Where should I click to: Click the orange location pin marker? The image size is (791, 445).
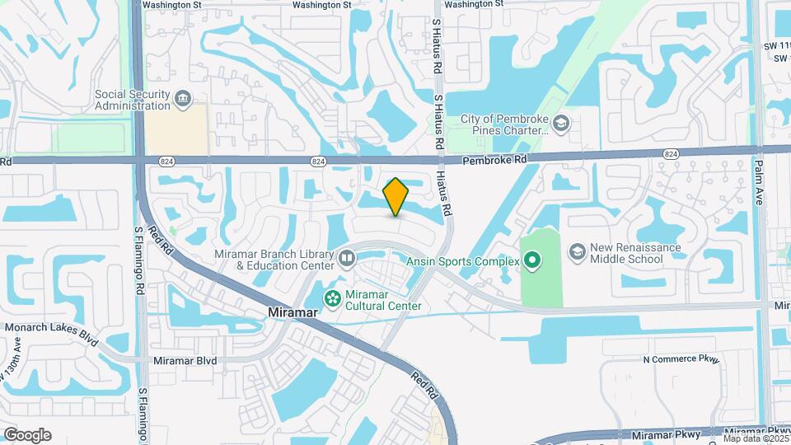tap(395, 197)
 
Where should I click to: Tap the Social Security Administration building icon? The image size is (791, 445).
tap(182, 101)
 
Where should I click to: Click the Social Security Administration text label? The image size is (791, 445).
tap(132, 100)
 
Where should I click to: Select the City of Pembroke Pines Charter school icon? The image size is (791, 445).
tap(561, 124)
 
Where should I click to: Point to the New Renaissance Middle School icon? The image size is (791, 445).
tap(578, 249)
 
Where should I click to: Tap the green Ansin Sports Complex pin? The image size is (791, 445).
tap(532, 262)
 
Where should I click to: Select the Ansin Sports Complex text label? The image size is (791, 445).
tap(462, 262)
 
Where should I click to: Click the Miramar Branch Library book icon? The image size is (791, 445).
tap(347, 260)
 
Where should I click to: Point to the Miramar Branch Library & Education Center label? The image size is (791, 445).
tap(274, 260)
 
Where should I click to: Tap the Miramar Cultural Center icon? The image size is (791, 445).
tap(332, 300)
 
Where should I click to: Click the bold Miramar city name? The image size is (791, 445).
tap(292, 313)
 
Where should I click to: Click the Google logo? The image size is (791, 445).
tap(27, 435)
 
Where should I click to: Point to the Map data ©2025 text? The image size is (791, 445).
tap(756, 438)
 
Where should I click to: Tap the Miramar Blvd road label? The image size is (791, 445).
tap(185, 360)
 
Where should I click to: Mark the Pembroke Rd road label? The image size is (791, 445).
tap(493, 160)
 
